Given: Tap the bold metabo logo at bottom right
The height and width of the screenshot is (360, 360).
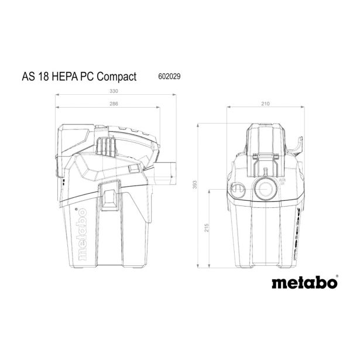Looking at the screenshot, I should (304, 283).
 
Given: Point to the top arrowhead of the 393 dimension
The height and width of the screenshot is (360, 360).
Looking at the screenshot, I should (200, 125).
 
